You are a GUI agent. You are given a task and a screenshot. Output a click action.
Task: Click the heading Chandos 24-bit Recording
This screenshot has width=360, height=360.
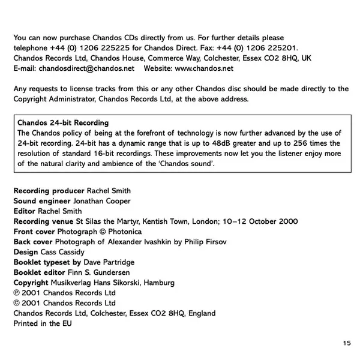(x=64, y=123)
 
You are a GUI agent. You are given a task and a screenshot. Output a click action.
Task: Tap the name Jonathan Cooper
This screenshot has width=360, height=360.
(x=101, y=201)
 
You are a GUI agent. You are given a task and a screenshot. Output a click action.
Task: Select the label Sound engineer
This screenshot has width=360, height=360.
(x=41, y=201)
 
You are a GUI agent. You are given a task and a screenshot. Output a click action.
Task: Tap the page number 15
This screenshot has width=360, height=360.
(x=347, y=343)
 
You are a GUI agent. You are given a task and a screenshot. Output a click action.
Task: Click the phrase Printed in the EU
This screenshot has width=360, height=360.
(x=42, y=323)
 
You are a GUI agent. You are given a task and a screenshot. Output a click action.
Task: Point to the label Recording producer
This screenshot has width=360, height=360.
(x=49, y=191)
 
